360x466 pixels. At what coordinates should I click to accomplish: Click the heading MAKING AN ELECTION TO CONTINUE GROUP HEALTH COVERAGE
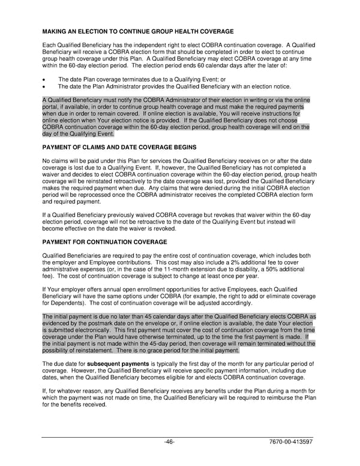coord(138,31)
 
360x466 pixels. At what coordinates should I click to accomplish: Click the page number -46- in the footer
coord(169,441)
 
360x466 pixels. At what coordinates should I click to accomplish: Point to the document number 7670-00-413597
coord(290,441)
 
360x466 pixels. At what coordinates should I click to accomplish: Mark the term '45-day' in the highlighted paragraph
coord(148,344)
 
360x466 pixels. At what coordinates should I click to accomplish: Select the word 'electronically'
coord(92,330)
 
